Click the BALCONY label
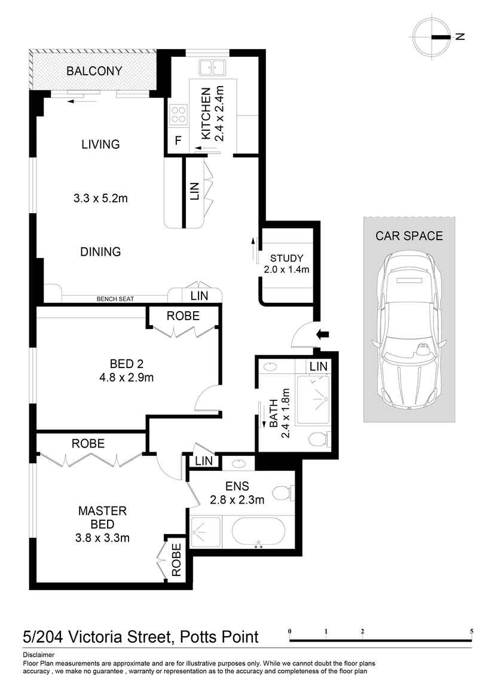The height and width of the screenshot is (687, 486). click(94, 71)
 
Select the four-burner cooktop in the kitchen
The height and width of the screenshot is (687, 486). click(178, 114)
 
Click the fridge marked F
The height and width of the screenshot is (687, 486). click(178, 142)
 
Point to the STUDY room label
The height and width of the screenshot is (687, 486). click(286, 258)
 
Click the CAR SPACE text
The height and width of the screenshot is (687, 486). click(409, 235)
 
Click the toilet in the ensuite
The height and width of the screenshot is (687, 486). click(283, 493)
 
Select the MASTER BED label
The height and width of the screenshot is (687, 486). click(102, 517)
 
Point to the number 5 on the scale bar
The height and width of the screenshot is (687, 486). click(472, 631)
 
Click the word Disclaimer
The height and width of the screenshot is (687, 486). click(38, 655)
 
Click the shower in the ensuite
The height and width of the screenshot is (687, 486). click(205, 531)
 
